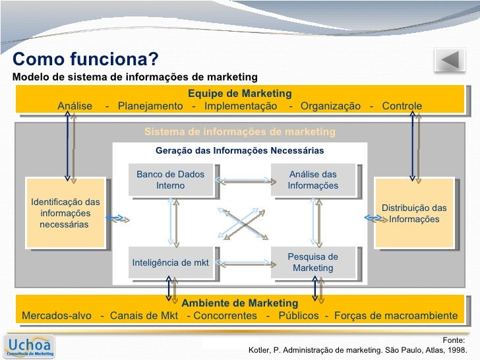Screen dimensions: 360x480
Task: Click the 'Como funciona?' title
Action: point(85,60)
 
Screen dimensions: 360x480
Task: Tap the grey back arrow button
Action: point(450,61)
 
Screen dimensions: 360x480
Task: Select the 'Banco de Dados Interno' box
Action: point(170,180)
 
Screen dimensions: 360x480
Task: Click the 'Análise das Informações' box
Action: point(313,180)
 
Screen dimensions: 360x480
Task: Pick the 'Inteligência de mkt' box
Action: point(170,263)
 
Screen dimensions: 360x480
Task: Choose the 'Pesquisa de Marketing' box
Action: point(313,262)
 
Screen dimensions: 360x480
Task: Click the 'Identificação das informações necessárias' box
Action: point(65,213)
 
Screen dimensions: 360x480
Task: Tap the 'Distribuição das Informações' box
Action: point(413,213)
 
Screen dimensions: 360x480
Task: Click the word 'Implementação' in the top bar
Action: point(241,107)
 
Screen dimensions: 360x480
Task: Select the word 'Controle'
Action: point(402,107)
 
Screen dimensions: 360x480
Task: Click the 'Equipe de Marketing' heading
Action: point(239,94)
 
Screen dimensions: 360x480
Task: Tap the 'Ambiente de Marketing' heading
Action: point(239,303)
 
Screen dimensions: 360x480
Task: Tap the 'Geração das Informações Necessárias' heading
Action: point(239,151)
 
